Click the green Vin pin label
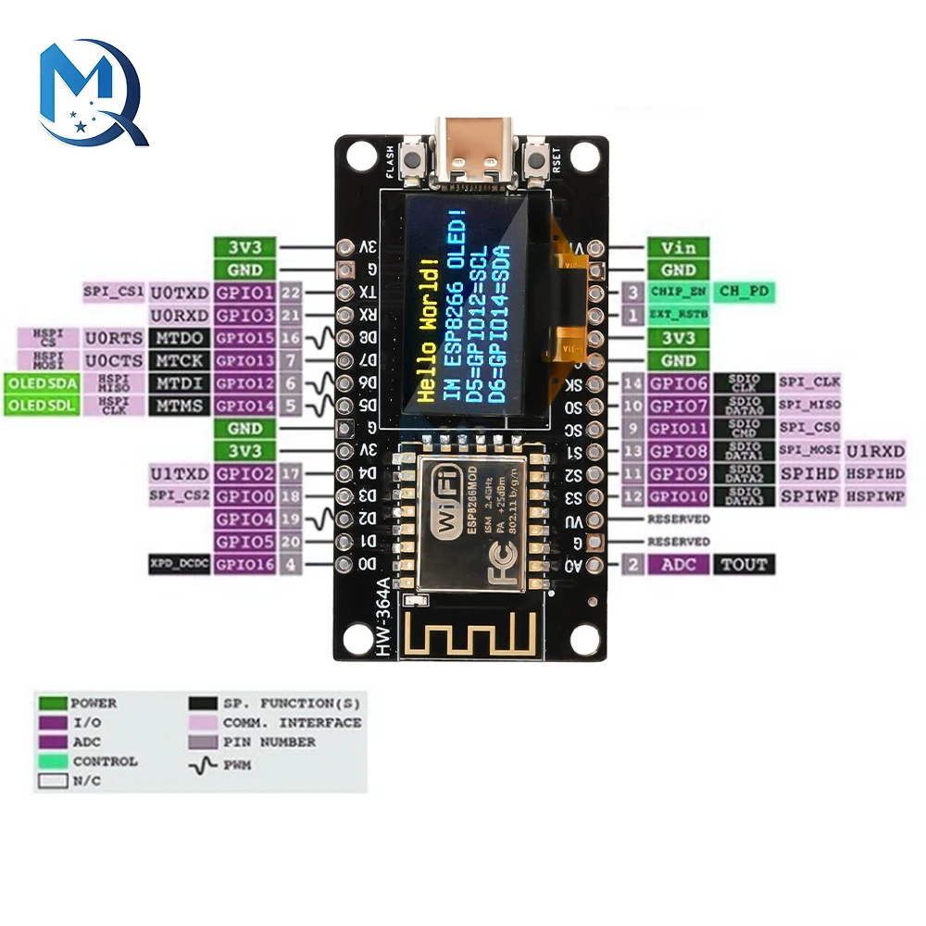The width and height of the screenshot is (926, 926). (678, 247)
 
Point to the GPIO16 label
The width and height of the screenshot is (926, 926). (244, 564)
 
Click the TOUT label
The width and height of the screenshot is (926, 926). (745, 564)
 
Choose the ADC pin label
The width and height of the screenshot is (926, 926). (678, 564)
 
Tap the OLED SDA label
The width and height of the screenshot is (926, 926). (42, 382)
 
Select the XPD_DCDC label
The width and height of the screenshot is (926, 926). (179, 564)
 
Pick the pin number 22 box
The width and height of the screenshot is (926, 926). (291, 293)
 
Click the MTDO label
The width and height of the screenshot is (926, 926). (179, 338)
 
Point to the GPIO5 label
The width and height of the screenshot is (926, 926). (244, 542)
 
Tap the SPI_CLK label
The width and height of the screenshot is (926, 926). (808, 382)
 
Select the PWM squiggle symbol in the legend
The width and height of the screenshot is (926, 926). (202, 765)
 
